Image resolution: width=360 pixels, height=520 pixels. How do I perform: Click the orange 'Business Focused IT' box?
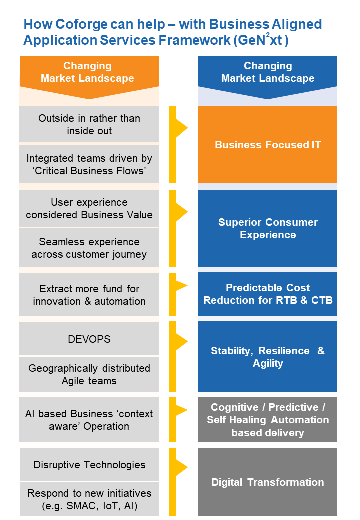point(268,145)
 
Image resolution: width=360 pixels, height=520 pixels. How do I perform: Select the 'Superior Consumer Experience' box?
point(268,228)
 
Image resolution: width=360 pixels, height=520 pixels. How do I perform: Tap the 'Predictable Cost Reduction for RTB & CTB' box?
point(268,294)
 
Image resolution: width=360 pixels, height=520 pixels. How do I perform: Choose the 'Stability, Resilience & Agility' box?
point(268,357)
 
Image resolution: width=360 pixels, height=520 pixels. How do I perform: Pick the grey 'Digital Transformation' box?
point(268,482)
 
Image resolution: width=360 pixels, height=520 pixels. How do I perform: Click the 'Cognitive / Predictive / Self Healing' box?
point(268,420)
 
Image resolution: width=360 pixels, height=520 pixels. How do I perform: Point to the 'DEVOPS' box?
point(89,339)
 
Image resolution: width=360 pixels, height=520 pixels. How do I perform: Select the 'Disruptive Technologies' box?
point(90,464)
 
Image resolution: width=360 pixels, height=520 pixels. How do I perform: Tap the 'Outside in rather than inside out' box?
point(89,124)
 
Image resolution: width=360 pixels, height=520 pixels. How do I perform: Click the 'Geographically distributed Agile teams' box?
point(89,374)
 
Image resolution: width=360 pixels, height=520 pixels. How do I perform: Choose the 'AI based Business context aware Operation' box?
point(89,420)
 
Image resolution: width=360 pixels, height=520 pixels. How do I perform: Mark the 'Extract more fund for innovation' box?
point(89,295)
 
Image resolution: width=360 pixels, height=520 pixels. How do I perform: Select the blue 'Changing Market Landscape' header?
point(268,72)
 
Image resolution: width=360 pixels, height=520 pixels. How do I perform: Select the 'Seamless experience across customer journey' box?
point(89,248)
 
